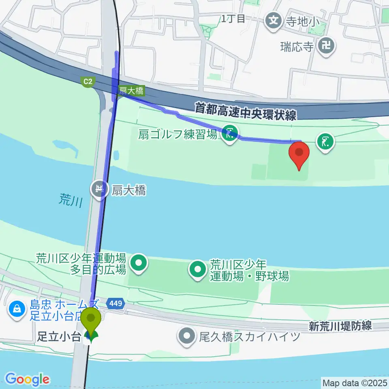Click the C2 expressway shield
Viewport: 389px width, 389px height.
point(88,82)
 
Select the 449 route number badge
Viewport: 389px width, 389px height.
point(115,303)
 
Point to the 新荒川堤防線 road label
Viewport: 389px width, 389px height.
point(340,326)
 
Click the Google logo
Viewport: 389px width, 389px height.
point(27,379)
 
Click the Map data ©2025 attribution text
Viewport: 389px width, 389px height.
point(355,382)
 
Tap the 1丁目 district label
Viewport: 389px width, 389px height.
point(233,18)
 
